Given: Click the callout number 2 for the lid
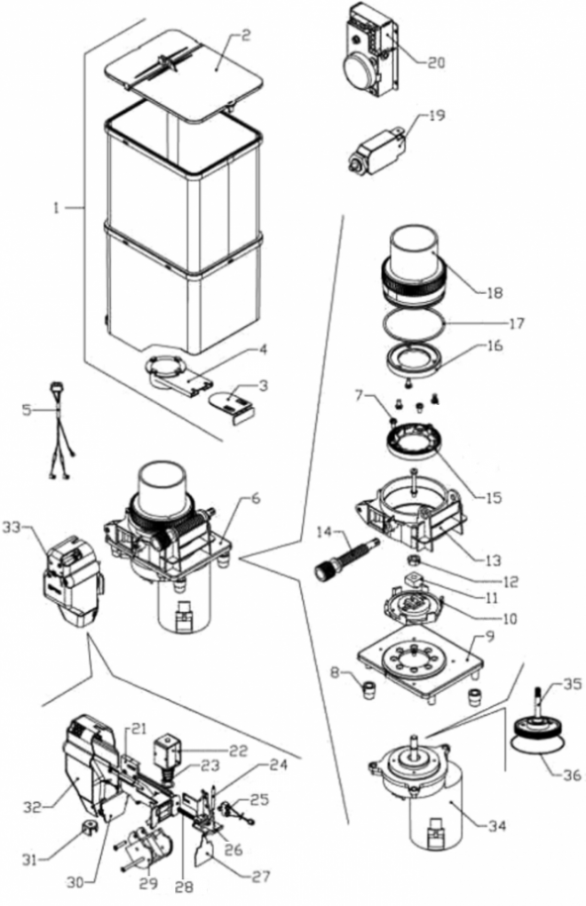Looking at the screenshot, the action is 246,36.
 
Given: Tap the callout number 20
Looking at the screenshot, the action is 436,62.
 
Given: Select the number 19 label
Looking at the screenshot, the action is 437,115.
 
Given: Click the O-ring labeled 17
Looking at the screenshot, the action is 413,327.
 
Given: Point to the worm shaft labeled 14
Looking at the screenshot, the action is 344,556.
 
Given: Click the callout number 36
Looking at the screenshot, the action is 572,775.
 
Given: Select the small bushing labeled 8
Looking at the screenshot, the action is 367,689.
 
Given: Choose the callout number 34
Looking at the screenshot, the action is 496,827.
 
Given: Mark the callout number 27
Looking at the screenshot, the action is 261,877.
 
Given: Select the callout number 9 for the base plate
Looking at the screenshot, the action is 490,638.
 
